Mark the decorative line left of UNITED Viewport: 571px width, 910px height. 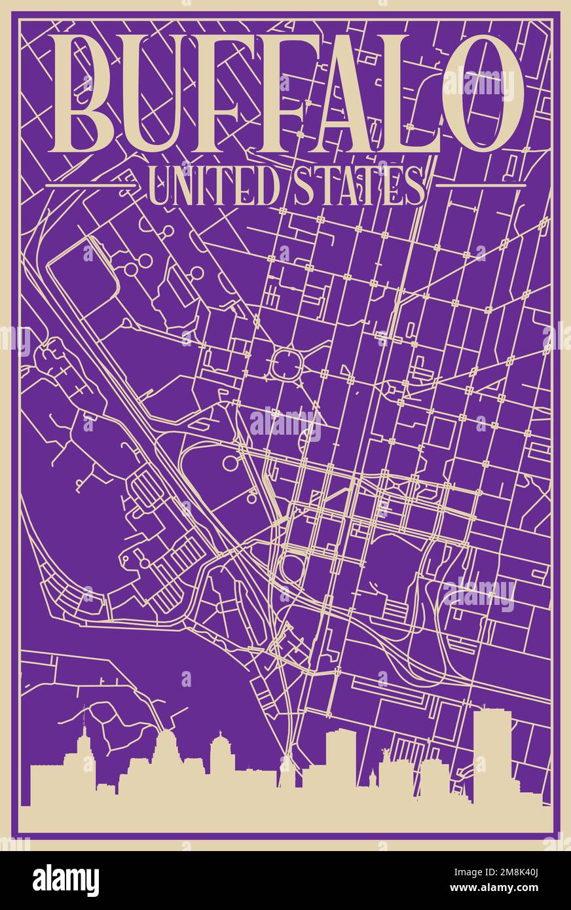point(91,186)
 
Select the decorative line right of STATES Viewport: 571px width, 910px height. point(481,186)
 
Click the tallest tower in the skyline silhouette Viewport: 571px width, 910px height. point(492,753)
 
